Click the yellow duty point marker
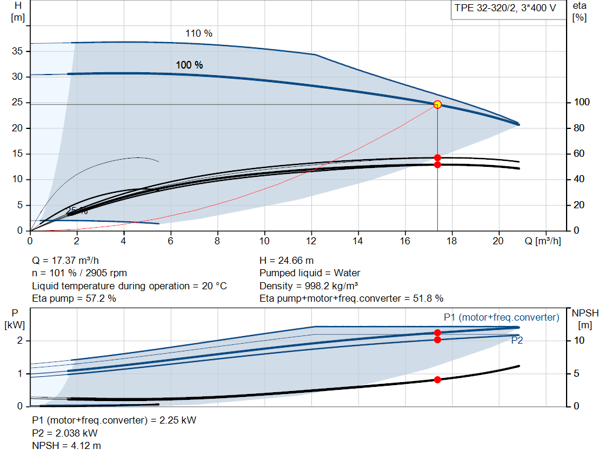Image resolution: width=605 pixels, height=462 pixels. [437, 105]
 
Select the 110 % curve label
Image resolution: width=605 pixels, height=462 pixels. [199, 34]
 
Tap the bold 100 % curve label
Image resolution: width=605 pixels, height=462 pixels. [189, 65]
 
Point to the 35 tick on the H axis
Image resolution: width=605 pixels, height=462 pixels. [18, 51]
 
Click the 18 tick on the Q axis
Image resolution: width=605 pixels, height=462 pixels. [452, 241]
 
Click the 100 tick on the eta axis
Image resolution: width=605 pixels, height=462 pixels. [581, 102]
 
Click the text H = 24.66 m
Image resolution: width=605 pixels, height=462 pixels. [287, 260]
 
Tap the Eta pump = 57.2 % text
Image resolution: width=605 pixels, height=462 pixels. [74, 298]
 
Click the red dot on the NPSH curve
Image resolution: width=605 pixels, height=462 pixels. [437, 380]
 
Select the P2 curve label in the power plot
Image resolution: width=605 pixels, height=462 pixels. [516, 341]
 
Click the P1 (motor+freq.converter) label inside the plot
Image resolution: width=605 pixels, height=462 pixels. [501, 318]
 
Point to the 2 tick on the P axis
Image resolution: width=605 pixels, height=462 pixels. [20, 341]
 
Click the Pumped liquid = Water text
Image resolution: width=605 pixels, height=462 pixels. [310, 273]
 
